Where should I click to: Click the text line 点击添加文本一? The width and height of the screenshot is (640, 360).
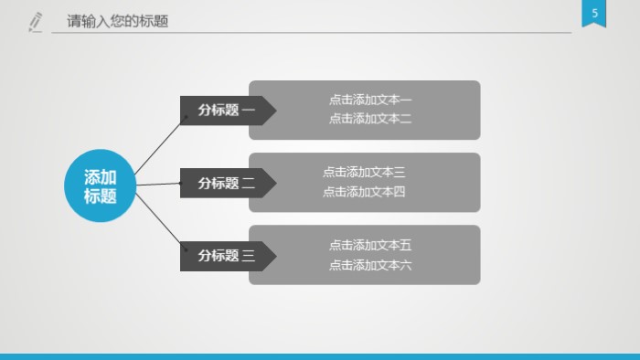(370, 100)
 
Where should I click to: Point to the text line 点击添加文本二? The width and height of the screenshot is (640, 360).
(370, 119)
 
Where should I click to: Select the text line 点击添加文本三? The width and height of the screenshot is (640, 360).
(364, 172)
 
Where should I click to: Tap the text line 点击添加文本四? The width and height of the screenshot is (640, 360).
(364, 192)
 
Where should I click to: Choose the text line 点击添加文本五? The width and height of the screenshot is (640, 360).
(370, 245)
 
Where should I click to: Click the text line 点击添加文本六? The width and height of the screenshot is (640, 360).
(370, 265)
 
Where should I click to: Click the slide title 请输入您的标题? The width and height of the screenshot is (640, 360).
(118, 21)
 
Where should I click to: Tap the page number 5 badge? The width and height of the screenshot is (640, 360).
(595, 15)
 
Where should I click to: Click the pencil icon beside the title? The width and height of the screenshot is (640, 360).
(36, 21)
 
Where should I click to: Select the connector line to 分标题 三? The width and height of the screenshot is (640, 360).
(157, 225)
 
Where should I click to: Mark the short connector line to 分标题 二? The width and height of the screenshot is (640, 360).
(158, 185)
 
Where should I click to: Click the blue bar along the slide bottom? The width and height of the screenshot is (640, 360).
(320, 356)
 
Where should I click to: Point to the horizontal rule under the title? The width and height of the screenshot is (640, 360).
(311, 33)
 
